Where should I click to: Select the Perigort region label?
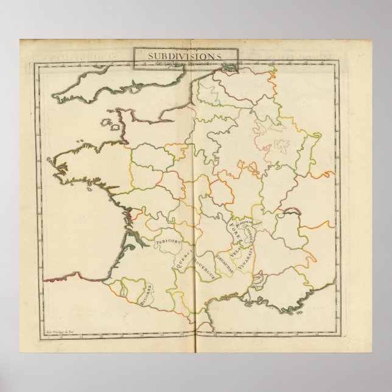[x=167, y=243]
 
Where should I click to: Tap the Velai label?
[x=234, y=249]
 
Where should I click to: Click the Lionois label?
[x=249, y=232]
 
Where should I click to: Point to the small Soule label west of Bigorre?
[x=126, y=292]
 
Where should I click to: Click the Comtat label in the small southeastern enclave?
[x=258, y=280]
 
